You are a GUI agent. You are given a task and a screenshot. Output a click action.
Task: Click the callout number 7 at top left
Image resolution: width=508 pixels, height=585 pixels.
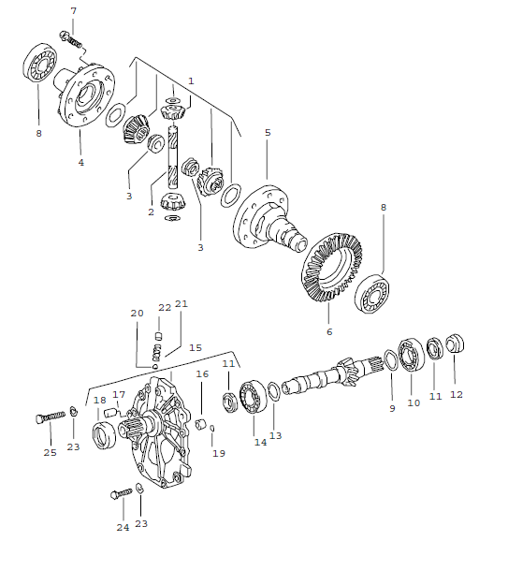[74, 10]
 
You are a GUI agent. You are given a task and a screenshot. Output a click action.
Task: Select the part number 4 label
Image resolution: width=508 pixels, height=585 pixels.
[80, 162]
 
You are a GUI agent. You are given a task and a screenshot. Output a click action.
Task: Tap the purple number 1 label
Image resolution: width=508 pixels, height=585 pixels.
[191, 81]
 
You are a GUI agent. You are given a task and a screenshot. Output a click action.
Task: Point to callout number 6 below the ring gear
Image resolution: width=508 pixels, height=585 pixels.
[328, 331]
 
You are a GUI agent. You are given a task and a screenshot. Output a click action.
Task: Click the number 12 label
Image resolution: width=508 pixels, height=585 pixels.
[456, 395]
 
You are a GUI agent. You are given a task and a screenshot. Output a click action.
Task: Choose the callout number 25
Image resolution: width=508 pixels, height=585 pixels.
[50, 452]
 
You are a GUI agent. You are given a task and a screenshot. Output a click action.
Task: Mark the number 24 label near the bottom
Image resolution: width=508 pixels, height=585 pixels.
[122, 527]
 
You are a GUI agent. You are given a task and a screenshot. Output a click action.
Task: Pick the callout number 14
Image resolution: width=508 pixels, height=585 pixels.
[259, 442]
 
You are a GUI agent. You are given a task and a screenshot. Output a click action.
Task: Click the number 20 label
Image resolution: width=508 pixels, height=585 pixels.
[138, 313]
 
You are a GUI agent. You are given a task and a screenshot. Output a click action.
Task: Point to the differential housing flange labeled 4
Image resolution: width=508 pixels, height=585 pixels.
[83, 93]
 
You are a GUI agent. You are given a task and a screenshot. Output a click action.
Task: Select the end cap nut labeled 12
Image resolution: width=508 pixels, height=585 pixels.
[456, 345]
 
